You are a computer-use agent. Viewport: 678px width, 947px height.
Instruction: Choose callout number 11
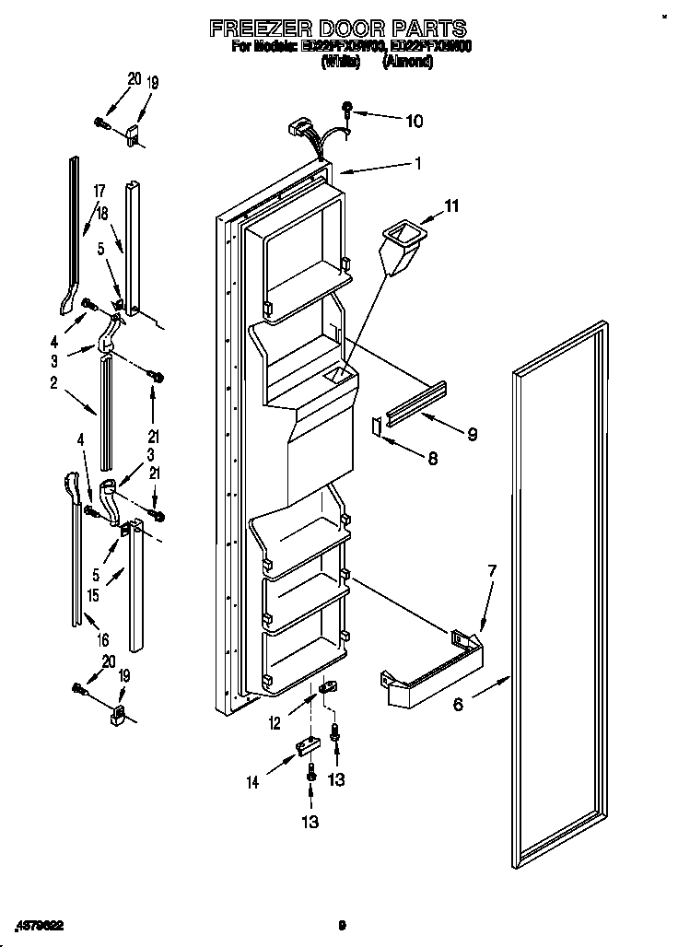pyautogui.click(x=451, y=207)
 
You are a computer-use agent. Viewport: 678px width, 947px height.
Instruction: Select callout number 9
pyautogui.click(x=472, y=433)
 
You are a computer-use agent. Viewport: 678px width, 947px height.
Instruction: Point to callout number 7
pyautogui.click(x=492, y=571)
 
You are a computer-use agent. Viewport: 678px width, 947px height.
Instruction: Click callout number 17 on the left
pyautogui.click(x=99, y=192)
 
